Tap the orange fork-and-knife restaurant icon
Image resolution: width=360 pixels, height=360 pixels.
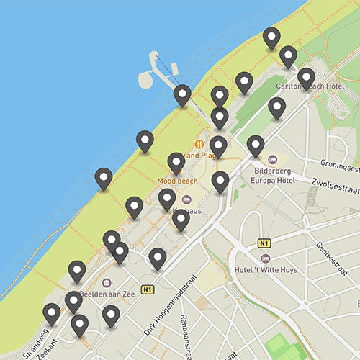coord(199,144)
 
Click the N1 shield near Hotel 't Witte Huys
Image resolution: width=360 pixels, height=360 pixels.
coord(264,243)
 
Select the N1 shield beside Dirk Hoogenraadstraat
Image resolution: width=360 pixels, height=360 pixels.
coord(148,289)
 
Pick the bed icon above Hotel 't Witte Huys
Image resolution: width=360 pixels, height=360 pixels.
coord(266,258)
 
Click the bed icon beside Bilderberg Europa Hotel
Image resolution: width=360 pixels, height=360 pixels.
coord(272,158)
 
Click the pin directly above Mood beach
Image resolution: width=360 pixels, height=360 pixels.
coord(176,163)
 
